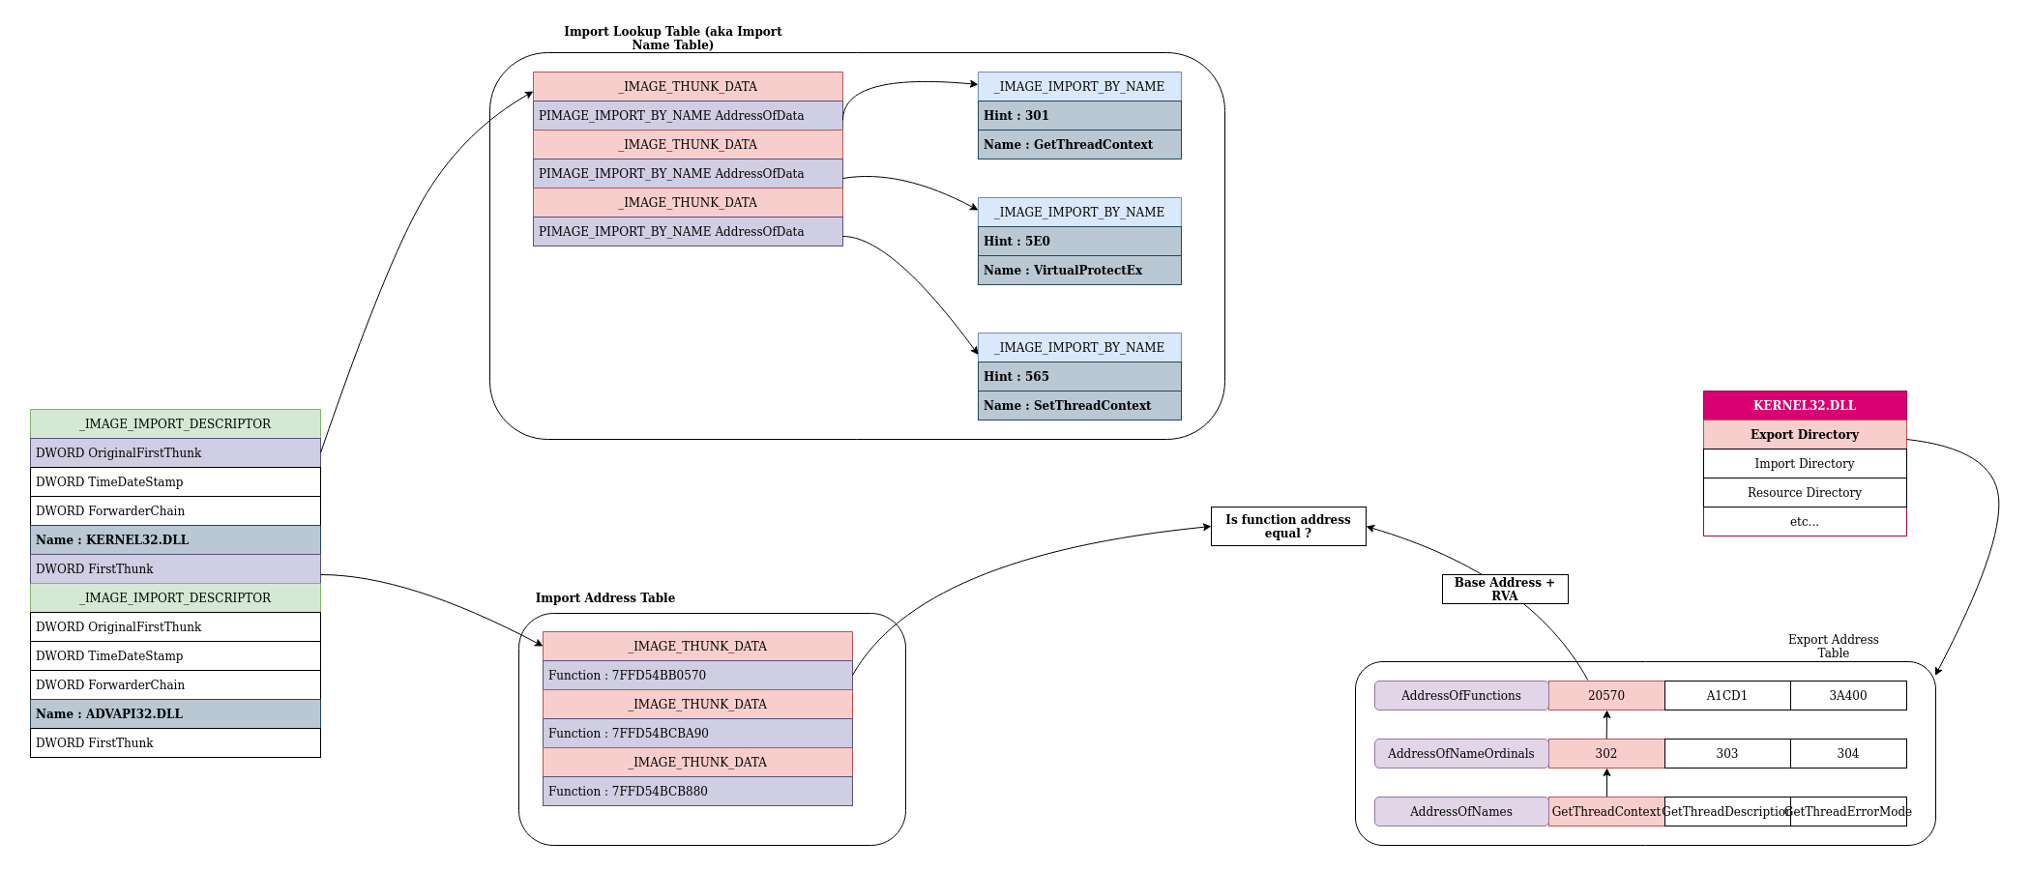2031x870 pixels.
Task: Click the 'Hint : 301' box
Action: pyautogui.click(x=1079, y=115)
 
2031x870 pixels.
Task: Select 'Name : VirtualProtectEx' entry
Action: pyautogui.click(x=1079, y=270)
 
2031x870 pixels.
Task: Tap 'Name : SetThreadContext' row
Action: pyautogui.click(x=1079, y=405)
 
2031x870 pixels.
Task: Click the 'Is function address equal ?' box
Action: pyautogui.click(x=1288, y=526)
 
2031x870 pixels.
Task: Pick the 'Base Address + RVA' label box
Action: pyautogui.click(x=1505, y=589)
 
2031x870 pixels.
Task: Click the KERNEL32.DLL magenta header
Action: pyautogui.click(x=1805, y=405)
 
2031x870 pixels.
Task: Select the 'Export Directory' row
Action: pyautogui.click(x=1805, y=434)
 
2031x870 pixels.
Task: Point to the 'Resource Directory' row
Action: pyautogui.click(x=1805, y=492)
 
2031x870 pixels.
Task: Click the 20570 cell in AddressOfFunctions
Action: pyautogui.click(x=1606, y=695)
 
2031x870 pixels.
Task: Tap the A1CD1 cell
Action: pyautogui.click(x=1727, y=695)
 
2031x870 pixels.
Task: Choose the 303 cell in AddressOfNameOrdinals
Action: pyautogui.click(x=1727, y=753)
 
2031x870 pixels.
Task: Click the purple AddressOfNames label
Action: pyautogui.click(x=1461, y=811)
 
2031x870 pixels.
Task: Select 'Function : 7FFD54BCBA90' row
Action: pyautogui.click(x=697, y=733)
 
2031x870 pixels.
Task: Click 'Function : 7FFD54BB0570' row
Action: pyautogui.click(x=697, y=675)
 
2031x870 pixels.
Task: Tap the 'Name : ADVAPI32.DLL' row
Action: pyautogui.click(x=175, y=713)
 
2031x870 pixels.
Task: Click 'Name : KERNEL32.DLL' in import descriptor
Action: pyautogui.click(x=175, y=539)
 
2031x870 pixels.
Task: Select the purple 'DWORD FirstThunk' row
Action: pyautogui.click(x=175, y=568)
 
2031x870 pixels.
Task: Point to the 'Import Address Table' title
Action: pyautogui.click(x=605, y=597)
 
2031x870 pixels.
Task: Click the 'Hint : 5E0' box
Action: pyautogui.click(x=1079, y=241)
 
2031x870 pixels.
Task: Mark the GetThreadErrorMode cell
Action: pyautogui.click(x=1848, y=811)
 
